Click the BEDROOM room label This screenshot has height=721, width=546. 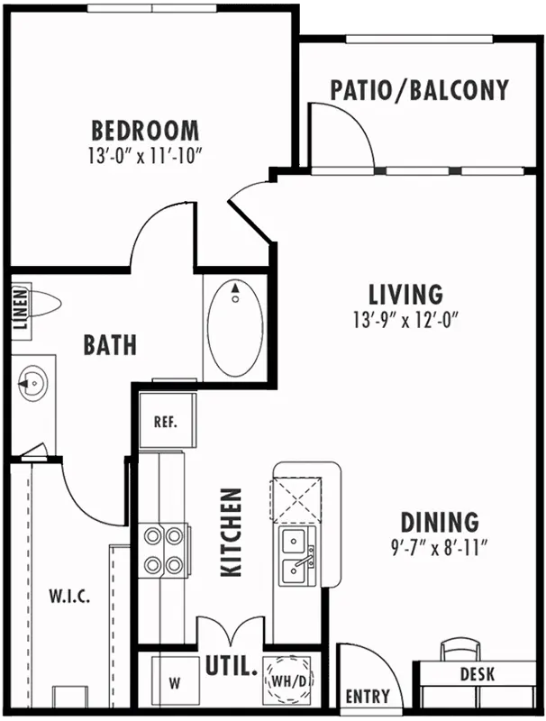pos(146,130)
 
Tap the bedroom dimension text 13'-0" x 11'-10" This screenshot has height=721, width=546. pos(146,156)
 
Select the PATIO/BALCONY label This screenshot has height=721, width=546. pos(420,89)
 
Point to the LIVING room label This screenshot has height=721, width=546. pos(405,295)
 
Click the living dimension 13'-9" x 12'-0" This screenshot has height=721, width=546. pos(406,320)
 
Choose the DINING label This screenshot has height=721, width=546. pos(440,522)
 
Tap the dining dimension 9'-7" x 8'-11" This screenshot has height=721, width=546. pos(439,547)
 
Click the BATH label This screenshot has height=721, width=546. pos(110,345)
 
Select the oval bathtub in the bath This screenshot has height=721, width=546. pos(235,328)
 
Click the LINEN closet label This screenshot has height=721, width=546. pos(21,309)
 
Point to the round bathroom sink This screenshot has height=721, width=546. pos(32,382)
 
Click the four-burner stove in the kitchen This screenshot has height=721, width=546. pos(163,549)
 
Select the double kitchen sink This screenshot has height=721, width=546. pos(297,556)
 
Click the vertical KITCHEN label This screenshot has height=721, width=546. pos(232,532)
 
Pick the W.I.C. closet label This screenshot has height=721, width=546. pos(69,597)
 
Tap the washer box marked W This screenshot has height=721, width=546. pos(175,683)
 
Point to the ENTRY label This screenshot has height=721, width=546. pos(368,696)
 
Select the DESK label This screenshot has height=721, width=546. pos(478,674)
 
